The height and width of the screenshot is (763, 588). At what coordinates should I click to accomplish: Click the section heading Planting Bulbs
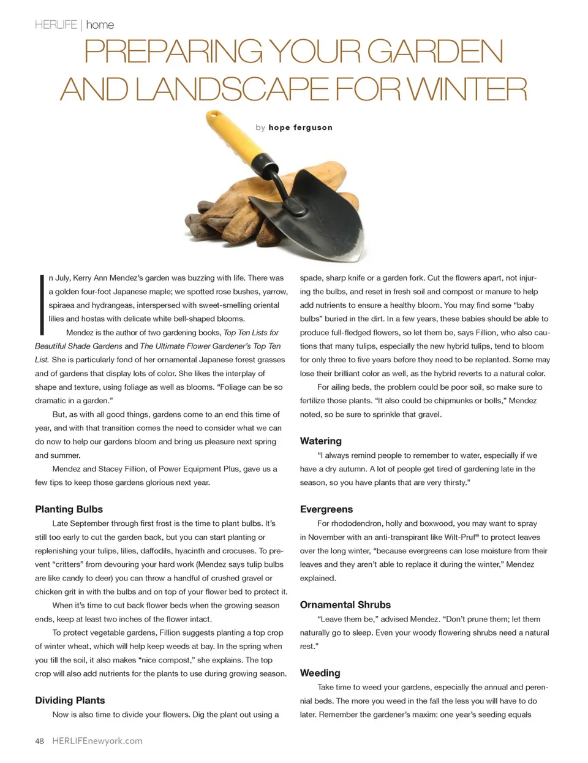pos(69,509)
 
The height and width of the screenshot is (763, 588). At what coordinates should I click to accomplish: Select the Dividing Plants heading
pos(70,700)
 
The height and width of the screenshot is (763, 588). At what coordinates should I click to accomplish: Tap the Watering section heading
pos(320,441)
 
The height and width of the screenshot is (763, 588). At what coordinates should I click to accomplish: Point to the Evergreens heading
pos(326,509)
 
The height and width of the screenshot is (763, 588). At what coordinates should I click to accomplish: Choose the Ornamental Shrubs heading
pos(345,605)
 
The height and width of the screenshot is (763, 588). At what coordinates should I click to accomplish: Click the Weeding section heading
pos(320,673)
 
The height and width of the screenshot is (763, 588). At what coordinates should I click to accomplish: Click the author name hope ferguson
pos(300,127)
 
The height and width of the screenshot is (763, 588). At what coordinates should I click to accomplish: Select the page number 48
pos(39,741)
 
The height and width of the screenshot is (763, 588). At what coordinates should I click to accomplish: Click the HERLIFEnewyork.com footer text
pos(97,741)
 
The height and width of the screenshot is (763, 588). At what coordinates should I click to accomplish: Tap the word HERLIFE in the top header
pos(56,25)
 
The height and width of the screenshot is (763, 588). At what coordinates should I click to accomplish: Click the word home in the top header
pos(100,25)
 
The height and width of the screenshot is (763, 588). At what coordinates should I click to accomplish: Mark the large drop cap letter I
pos(41,305)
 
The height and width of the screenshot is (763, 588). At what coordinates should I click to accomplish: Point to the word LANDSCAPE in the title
pos(232,89)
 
